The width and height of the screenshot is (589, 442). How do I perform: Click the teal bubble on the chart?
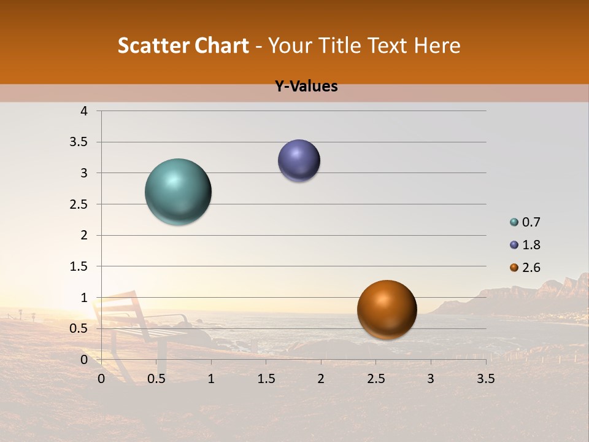pos(179,192)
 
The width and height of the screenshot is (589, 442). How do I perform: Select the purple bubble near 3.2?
pos(299,161)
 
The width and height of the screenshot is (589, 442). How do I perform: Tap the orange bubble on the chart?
pos(387,310)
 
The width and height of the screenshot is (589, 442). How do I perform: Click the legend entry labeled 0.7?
pos(531,222)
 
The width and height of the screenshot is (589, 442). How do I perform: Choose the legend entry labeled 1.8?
pos(531,245)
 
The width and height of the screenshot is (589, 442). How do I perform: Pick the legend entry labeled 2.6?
pos(531,268)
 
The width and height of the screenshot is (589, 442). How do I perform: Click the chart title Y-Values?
pos(306,87)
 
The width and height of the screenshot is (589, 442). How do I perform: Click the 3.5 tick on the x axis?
pos(486,379)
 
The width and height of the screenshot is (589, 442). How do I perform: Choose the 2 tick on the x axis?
pos(321,379)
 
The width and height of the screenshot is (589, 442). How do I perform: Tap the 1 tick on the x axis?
pos(211,379)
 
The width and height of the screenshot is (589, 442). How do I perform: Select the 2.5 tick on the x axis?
pos(375,379)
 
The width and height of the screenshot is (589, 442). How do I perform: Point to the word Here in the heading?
pos(437,45)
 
